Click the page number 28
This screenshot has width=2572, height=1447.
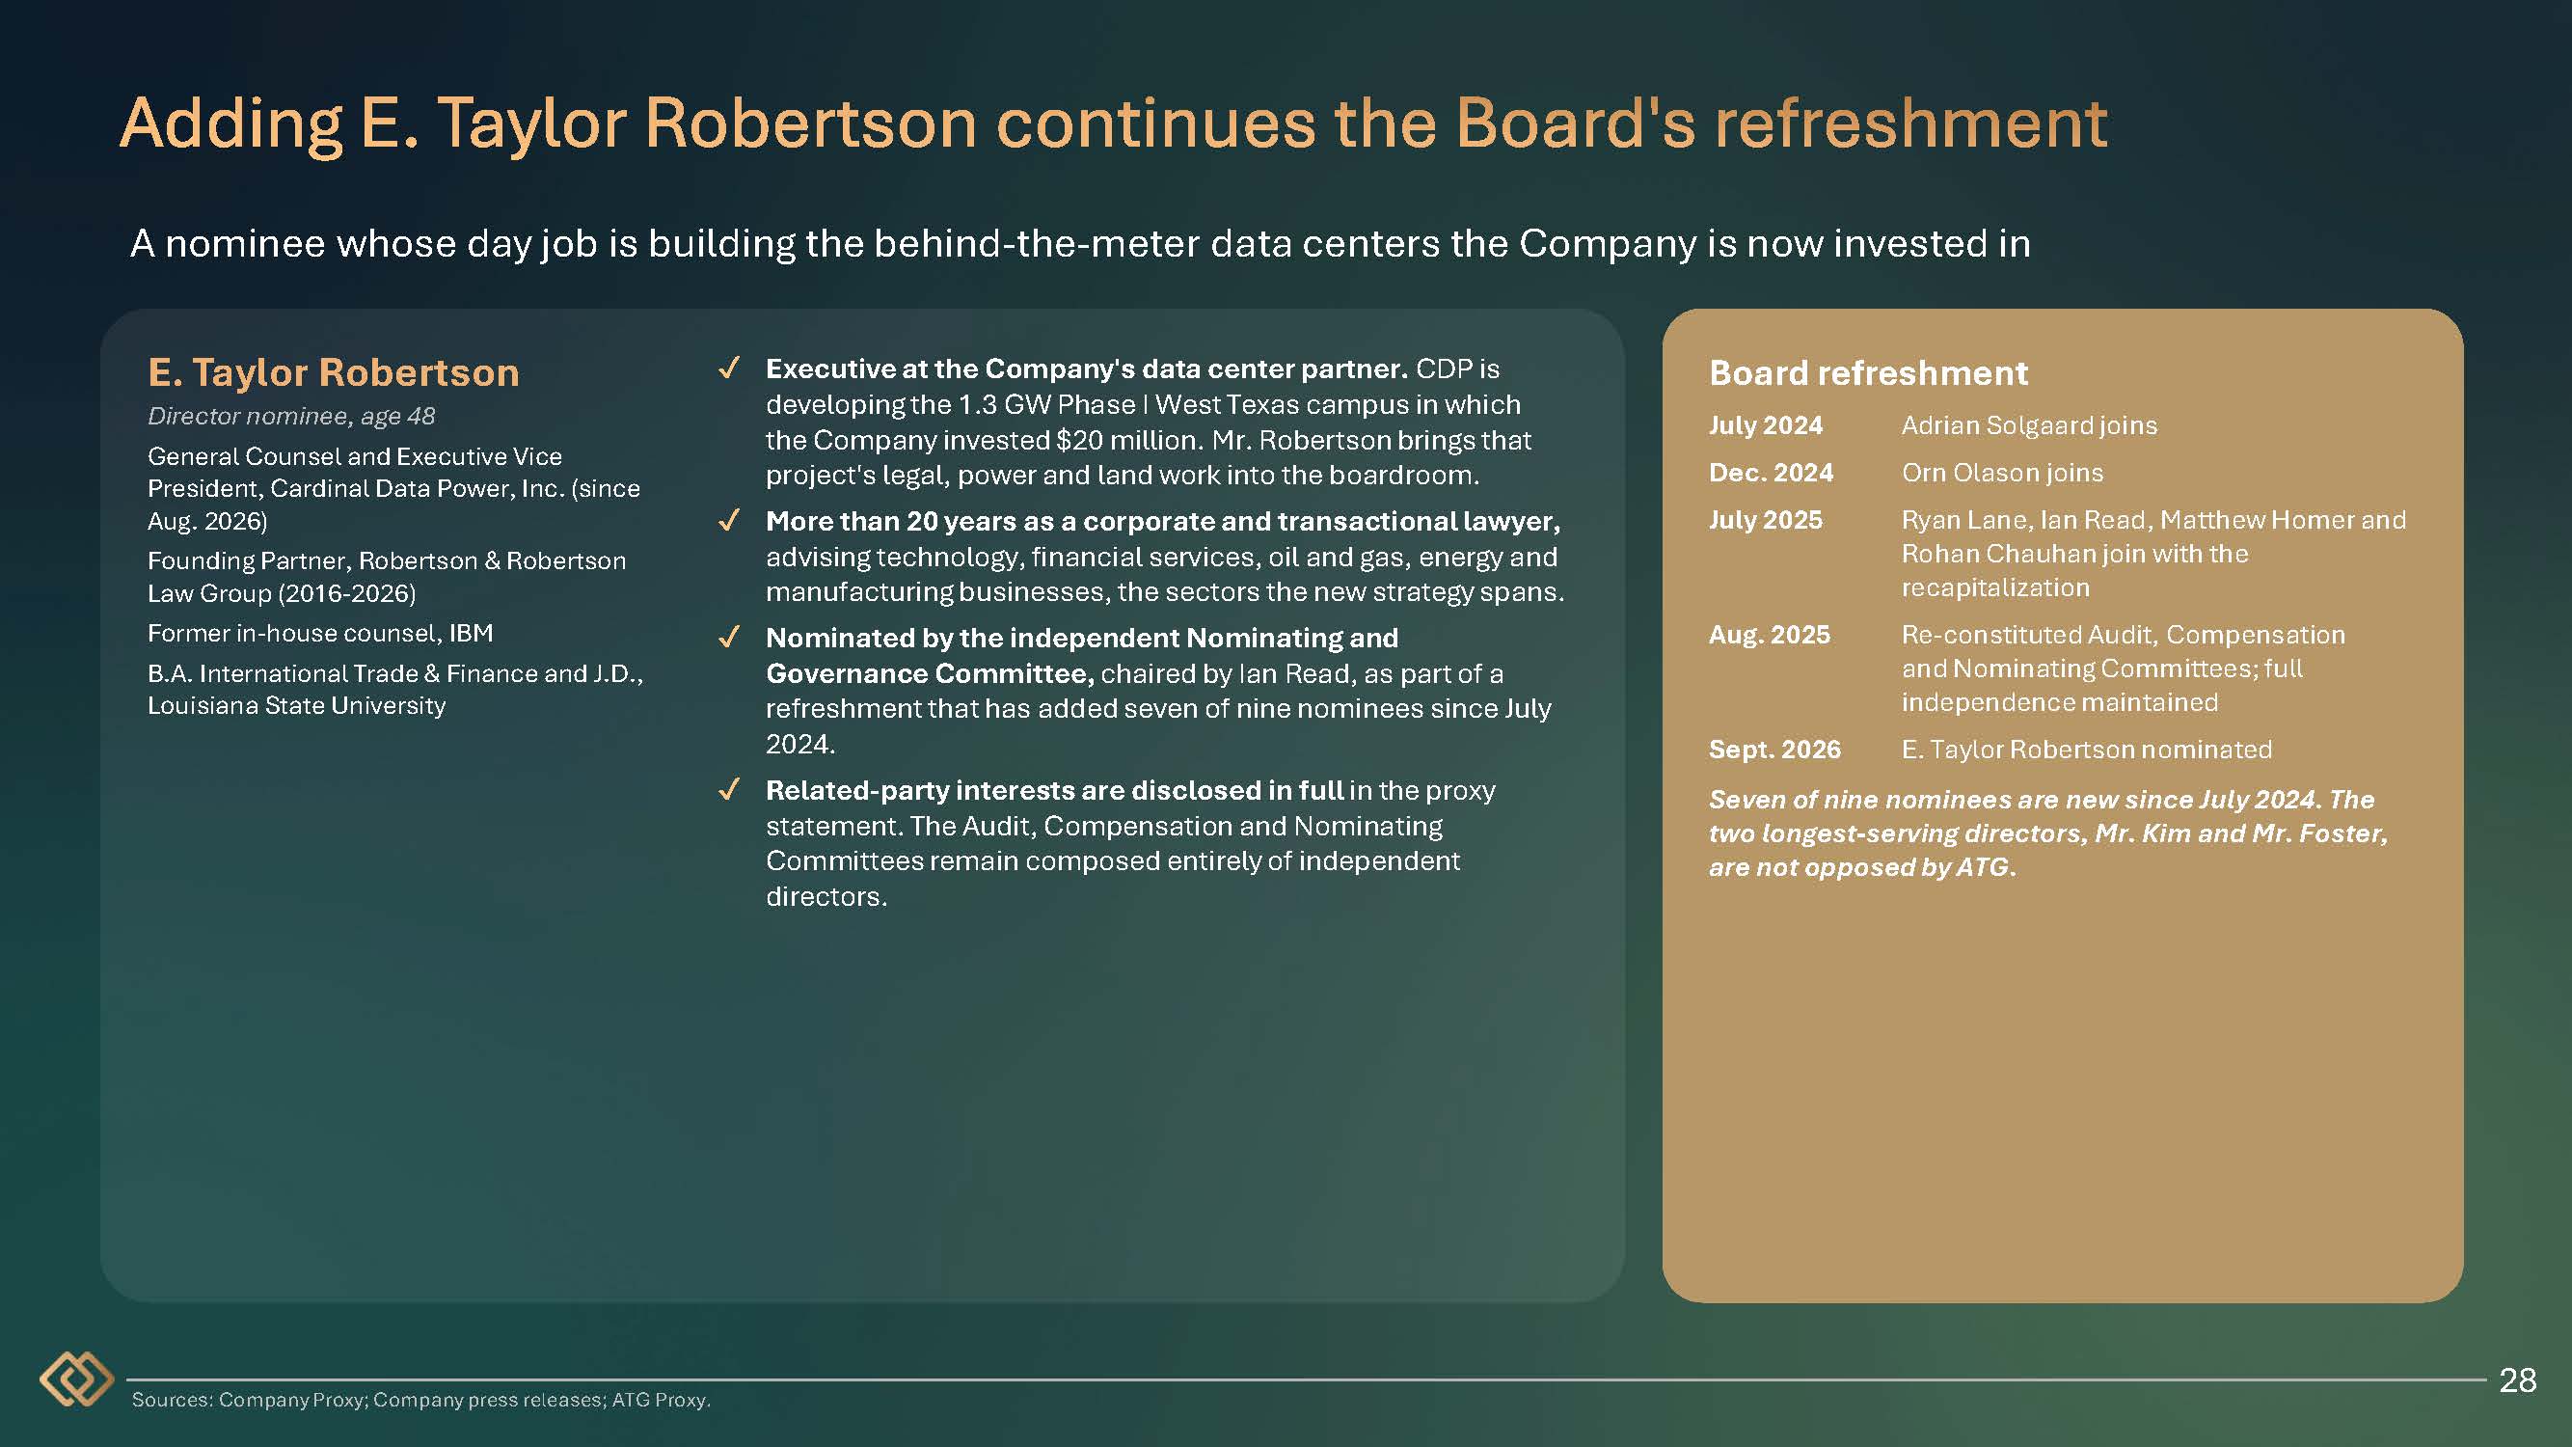coord(2517,1380)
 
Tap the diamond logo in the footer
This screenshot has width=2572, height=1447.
coord(77,1379)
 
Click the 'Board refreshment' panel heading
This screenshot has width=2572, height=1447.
coord(1868,372)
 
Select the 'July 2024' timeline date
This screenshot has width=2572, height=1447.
coord(1765,425)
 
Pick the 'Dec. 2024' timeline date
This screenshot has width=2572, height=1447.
coord(1771,473)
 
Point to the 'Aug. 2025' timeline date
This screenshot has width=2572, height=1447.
coord(1770,634)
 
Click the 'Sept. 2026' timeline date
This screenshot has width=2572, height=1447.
coord(1774,749)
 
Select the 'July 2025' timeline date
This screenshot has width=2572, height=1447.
coord(1765,520)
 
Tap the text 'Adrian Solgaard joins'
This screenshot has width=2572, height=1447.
coord(2029,425)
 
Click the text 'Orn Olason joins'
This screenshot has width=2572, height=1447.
coord(2002,473)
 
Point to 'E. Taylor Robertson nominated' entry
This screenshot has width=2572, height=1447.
coord(2086,749)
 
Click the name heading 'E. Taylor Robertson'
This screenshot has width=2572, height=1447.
coord(334,372)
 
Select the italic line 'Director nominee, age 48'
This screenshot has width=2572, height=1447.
coord(290,417)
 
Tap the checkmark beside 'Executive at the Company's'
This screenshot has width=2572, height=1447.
coord(730,369)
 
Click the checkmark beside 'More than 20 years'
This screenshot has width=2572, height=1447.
coord(730,521)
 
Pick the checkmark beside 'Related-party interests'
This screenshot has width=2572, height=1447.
coord(730,790)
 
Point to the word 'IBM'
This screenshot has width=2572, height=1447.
coord(471,633)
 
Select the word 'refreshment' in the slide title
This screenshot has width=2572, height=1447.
coord(1911,123)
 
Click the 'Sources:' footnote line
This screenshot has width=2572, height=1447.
coord(420,1400)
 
